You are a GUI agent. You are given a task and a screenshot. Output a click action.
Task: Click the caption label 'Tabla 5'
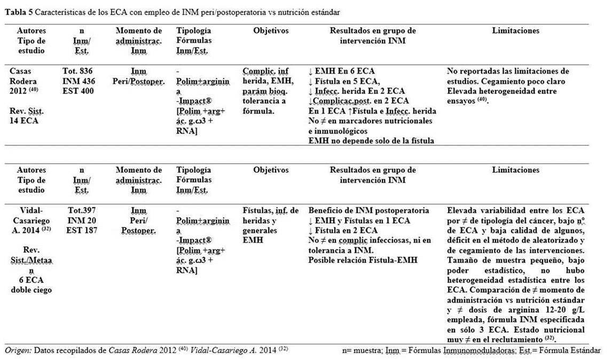coord(17,12)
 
